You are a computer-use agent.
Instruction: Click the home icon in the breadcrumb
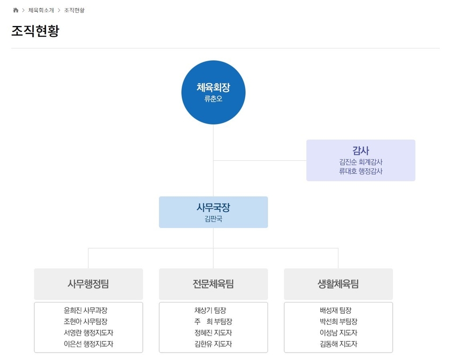coord(15,10)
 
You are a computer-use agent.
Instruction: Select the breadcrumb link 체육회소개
coord(41,10)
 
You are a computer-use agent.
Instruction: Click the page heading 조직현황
coord(35,30)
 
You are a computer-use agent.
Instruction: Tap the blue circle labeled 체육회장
coord(213,92)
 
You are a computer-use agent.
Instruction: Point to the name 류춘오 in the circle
coord(213,99)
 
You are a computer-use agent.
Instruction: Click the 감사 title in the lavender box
coord(361,150)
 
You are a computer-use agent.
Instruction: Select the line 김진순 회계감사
coord(361,162)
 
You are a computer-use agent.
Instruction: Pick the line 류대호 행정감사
coord(361,171)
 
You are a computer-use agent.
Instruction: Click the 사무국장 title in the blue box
coord(213,207)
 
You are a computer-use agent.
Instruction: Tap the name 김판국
coord(213,219)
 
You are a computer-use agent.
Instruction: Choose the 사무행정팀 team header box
coord(88,284)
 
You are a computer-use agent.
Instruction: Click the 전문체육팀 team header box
coord(213,284)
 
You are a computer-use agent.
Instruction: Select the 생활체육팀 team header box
coord(338,284)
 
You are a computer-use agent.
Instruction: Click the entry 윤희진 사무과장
coord(85,310)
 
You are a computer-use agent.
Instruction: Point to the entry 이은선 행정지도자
coord(88,344)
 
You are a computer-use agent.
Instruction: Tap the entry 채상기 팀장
coord(211,310)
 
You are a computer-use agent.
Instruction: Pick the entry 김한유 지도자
coord(213,344)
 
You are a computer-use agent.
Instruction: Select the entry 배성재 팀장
coord(335,310)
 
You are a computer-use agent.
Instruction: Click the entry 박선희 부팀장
coord(338,321)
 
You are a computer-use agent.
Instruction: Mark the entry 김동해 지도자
coord(338,344)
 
